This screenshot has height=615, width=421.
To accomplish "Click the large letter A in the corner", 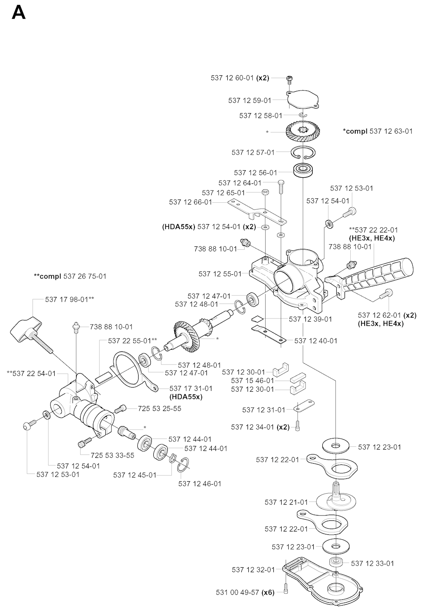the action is (x=19, y=13).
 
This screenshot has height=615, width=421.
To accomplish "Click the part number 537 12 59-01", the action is (x=250, y=100).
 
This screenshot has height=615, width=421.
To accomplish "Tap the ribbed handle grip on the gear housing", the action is (x=375, y=275).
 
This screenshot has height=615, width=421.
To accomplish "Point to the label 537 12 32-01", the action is (x=253, y=570).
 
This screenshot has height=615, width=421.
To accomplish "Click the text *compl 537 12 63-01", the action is (x=378, y=131).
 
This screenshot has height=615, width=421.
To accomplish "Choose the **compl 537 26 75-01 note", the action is (x=70, y=276).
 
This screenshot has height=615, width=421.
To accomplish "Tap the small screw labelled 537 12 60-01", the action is (x=289, y=80).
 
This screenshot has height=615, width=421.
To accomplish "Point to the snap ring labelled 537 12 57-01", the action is (x=303, y=153).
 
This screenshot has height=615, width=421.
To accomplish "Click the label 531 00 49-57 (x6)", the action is (x=245, y=592).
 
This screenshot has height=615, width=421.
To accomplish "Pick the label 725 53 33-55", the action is (x=113, y=455).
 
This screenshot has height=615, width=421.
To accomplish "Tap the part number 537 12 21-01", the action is (x=286, y=502).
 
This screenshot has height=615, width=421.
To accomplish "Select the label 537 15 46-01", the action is (x=252, y=381).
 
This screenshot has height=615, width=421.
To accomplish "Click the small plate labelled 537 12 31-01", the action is (x=304, y=406).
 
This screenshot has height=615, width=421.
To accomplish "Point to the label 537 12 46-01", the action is (x=200, y=483).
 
